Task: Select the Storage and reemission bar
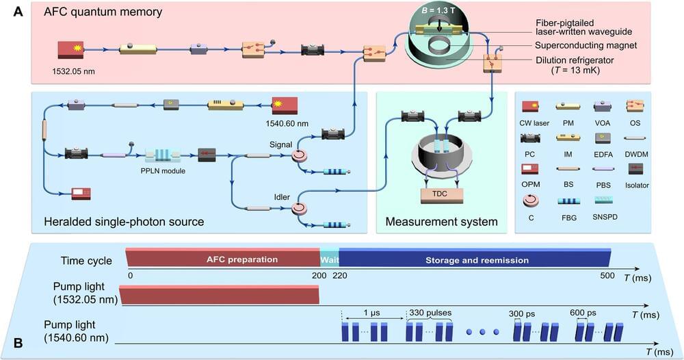(472, 260)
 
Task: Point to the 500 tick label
(605, 275)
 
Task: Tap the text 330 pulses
(428, 312)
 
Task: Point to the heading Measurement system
(441, 222)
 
